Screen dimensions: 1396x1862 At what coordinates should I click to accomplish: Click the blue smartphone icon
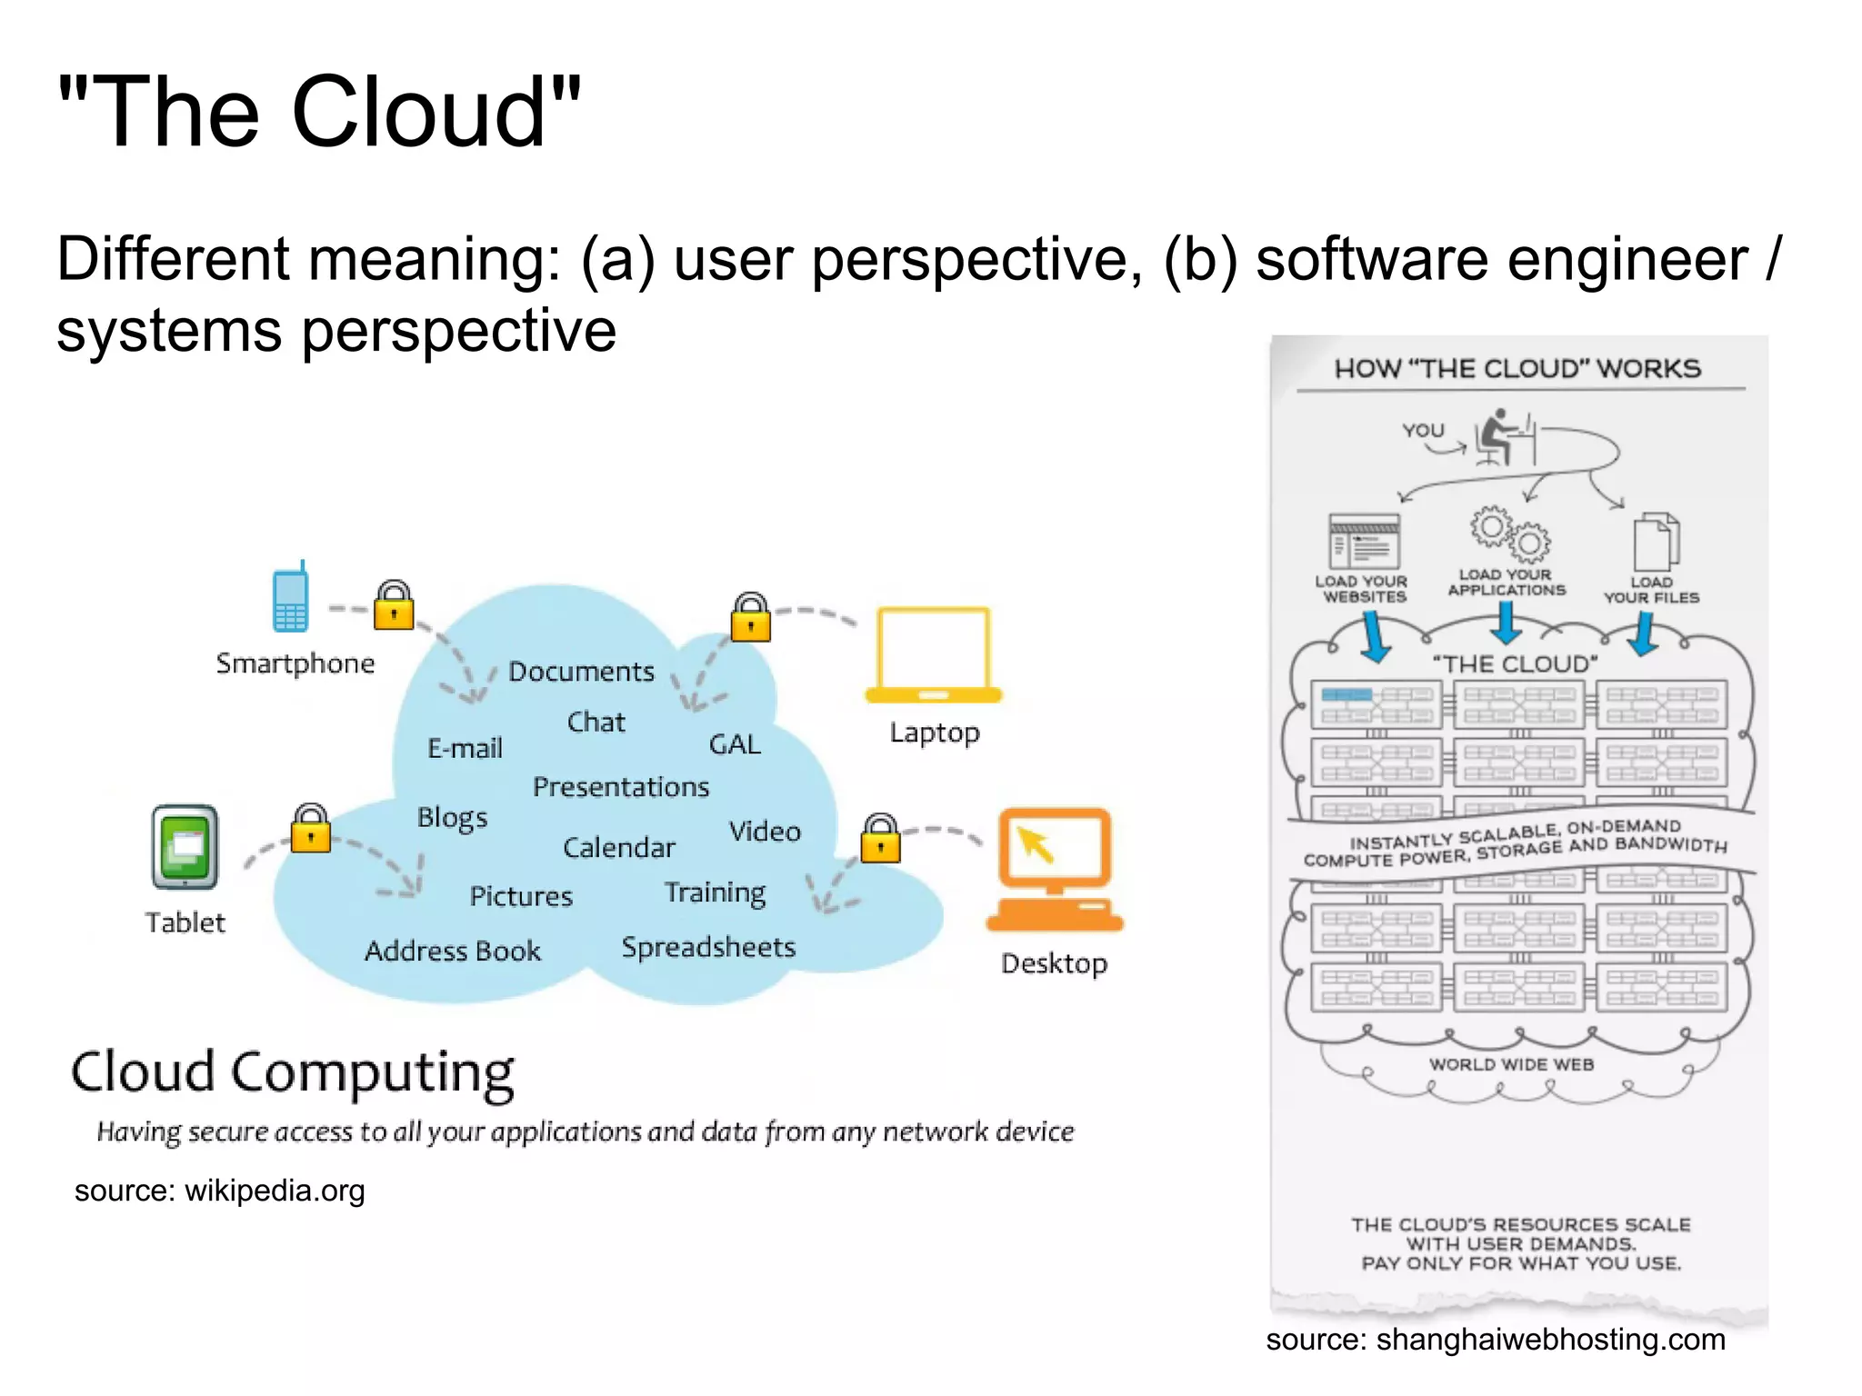(291, 598)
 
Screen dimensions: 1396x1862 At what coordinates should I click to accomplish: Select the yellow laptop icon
(934, 655)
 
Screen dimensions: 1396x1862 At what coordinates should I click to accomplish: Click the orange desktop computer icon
(1055, 870)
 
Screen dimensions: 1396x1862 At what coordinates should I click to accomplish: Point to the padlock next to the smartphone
(395, 605)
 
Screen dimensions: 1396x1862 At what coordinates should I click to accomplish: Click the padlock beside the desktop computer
(880, 839)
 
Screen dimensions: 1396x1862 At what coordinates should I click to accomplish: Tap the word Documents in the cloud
(581, 672)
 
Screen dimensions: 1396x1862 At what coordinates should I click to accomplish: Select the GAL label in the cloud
(735, 744)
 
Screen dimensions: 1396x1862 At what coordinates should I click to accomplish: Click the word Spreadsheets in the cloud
(708, 947)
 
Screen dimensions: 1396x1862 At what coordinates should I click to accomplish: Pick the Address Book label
(453, 951)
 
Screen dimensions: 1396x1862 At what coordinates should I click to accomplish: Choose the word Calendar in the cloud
(619, 848)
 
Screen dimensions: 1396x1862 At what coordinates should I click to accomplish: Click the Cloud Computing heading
(293, 1072)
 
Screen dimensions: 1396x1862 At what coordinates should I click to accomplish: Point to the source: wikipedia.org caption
(220, 1191)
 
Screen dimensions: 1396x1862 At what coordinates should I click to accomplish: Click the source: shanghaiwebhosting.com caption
(1496, 1339)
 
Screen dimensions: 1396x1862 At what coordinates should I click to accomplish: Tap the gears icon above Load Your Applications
(1510, 534)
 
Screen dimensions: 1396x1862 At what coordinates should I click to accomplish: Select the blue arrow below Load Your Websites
(1375, 636)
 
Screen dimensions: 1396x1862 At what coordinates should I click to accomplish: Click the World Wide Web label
(1511, 1064)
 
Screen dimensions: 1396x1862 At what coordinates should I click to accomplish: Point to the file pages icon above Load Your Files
(1656, 542)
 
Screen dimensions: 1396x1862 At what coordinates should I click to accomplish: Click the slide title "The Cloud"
(319, 112)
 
